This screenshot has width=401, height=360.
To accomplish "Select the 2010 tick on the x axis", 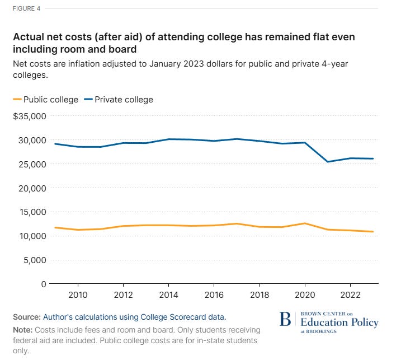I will pyautogui.click(x=78, y=296).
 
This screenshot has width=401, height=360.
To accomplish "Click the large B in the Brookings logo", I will pyautogui.click(x=285, y=320).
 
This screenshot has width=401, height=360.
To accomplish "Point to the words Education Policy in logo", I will pyautogui.click(x=339, y=322).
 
